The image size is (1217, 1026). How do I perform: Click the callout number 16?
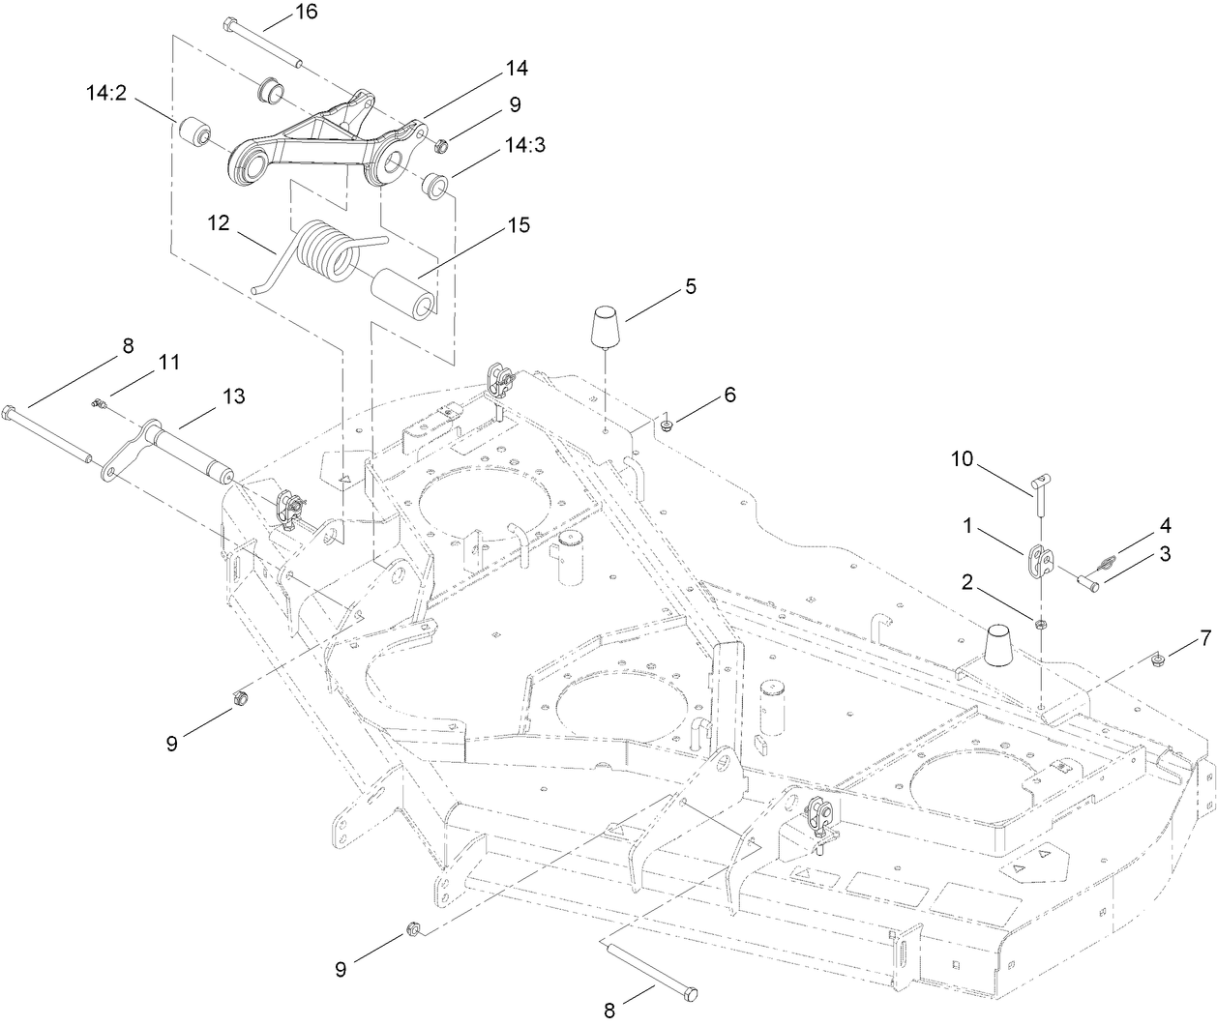(x=306, y=13)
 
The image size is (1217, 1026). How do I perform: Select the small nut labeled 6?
(x=668, y=423)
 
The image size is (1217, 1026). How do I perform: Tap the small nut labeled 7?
(x=1158, y=660)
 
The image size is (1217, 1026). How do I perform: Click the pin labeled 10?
(x=1036, y=490)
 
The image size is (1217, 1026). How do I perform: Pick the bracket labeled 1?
(x=1039, y=560)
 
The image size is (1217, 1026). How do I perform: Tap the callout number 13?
(x=233, y=396)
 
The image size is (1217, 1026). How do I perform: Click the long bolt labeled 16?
(x=261, y=42)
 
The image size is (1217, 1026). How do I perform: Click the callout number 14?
(x=516, y=69)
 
